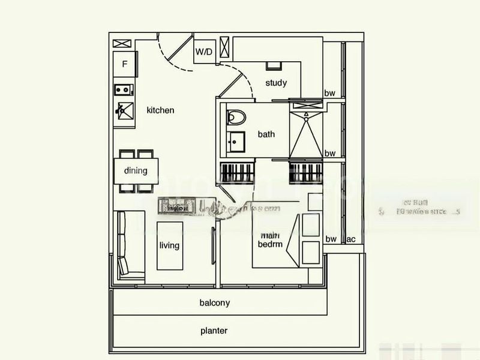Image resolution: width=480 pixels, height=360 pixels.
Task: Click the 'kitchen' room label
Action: point(160,110)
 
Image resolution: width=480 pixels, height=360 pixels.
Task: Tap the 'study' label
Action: point(276,83)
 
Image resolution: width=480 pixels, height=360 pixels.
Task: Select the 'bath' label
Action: point(266,134)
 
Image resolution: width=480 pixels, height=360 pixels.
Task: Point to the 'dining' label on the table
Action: point(136,170)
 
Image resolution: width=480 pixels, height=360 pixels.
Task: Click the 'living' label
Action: point(169,245)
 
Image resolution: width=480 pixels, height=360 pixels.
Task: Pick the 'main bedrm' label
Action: point(267,240)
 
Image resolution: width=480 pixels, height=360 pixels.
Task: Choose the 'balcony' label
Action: point(215,303)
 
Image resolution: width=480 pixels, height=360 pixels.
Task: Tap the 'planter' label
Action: point(214,331)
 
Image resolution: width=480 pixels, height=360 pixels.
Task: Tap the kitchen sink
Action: point(124,110)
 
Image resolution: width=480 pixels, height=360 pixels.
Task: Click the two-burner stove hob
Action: point(124,90)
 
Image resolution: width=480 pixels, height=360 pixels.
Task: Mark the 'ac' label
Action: point(351,239)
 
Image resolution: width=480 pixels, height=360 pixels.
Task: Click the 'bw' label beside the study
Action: point(330,93)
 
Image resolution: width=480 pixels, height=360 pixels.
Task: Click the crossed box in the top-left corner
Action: point(122,43)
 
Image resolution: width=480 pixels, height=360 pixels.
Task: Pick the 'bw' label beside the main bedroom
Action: point(331,239)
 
